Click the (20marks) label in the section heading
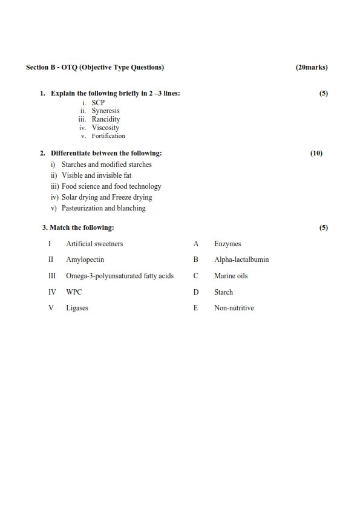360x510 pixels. tap(312, 67)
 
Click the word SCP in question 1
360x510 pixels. tap(98, 103)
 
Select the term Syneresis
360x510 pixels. tap(105, 111)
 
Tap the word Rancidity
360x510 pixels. tap(106, 120)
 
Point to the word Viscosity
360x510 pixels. tap(105, 128)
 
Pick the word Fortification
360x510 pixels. tap(108, 136)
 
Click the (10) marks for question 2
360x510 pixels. tap(316, 154)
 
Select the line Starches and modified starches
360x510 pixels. tap(106, 165)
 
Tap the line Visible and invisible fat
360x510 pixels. tap(96, 175)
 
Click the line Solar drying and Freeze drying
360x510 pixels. tap(106, 197)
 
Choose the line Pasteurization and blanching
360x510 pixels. tap(103, 208)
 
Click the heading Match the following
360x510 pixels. tap(82, 228)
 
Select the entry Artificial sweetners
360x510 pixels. tap(94, 244)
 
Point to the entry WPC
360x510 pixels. tap(74, 292)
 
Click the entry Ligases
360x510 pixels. tap(77, 308)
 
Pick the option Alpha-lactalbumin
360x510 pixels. tap(241, 260)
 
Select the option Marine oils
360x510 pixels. tap(231, 276)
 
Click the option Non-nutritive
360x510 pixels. tap(234, 308)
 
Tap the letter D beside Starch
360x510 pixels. tap(196, 292)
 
